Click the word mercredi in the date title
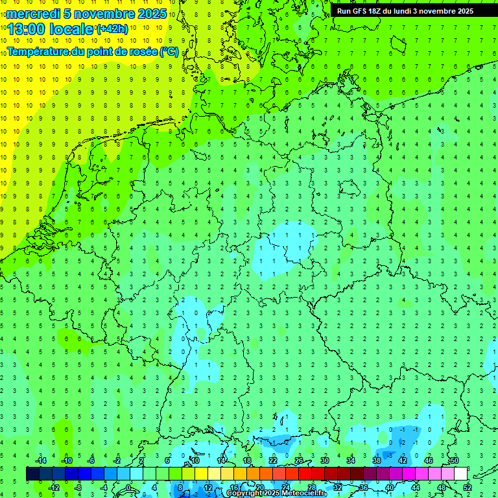point(33,14)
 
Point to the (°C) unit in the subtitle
point(169,52)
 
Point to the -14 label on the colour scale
point(42,460)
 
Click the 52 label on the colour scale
point(468,488)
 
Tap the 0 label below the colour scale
point(129,488)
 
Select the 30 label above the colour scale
point(324,460)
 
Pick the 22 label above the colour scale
point(272,460)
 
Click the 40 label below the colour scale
point(389,488)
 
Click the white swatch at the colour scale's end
point(460,474)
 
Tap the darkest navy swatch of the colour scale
point(32,474)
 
